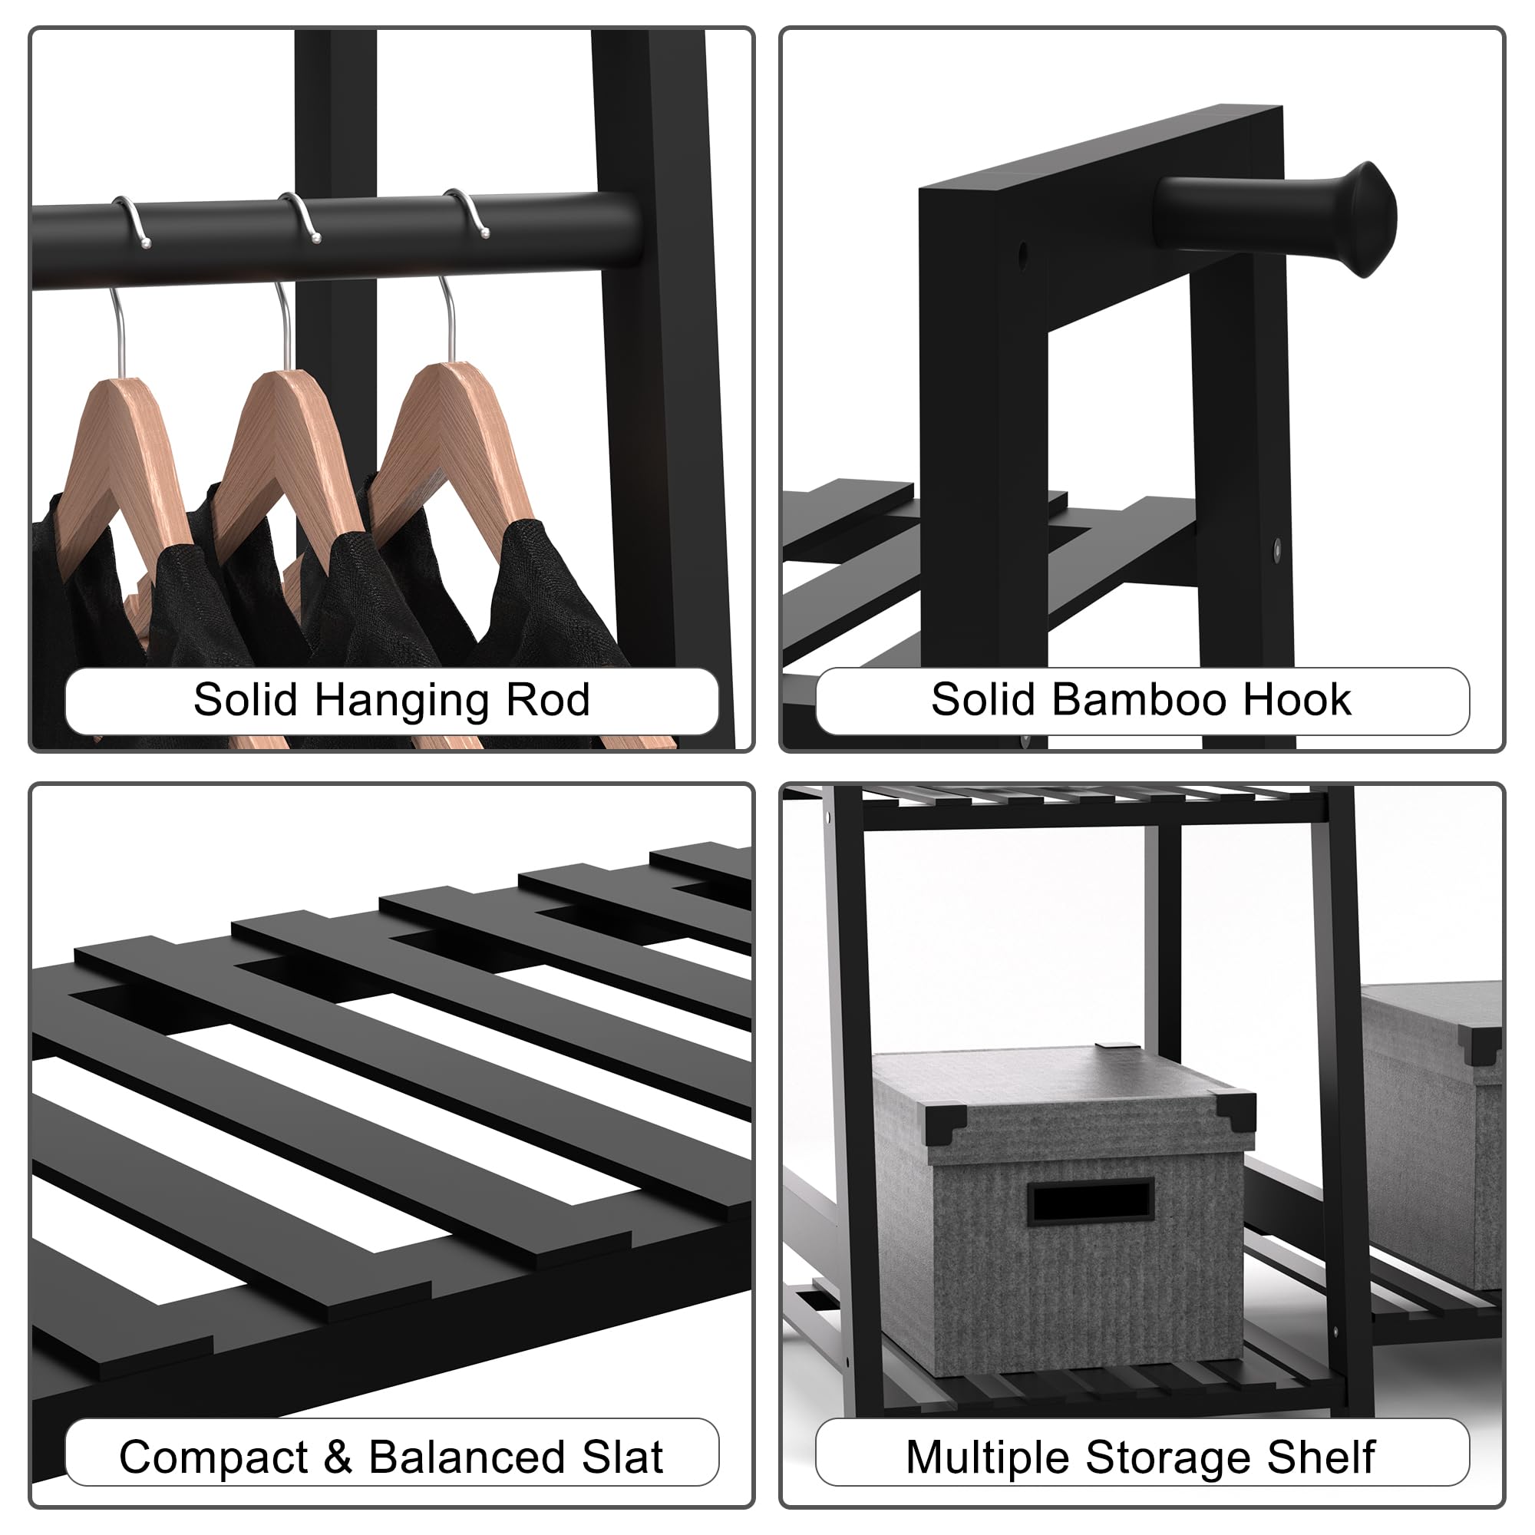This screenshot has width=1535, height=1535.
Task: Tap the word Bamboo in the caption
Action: click(1141, 700)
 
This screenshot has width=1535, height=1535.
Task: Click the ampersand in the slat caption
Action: click(338, 1457)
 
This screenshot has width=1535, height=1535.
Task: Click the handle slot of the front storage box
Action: click(1091, 1200)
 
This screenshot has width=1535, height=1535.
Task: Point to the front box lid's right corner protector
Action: click(1236, 1111)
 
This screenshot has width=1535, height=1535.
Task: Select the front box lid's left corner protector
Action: click(946, 1123)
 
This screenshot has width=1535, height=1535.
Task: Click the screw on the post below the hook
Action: click(1277, 546)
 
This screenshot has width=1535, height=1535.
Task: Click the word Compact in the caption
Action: click(213, 1459)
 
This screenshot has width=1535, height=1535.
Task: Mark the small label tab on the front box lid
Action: click(1107, 1048)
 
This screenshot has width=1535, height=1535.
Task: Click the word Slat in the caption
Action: click(623, 1457)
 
